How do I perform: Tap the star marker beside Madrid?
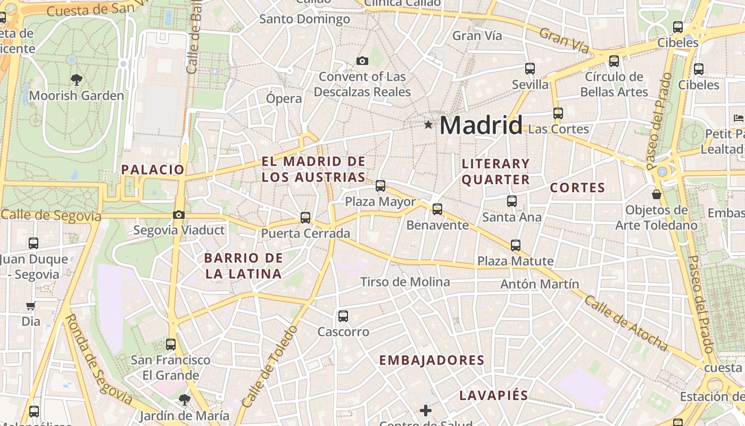pyautogui.click(x=428, y=125)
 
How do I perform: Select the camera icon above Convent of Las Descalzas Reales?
pyautogui.click(x=362, y=61)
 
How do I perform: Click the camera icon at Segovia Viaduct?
pyautogui.click(x=179, y=215)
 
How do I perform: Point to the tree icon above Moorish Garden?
pyautogui.click(x=77, y=80)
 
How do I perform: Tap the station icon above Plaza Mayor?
pyautogui.click(x=380, y=186)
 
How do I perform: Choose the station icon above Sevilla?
pyautogui.click(x=530, y=69)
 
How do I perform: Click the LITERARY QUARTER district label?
pyautogui.click(x=495, y=171)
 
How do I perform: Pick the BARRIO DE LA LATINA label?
pyautogui.click(x=243, y=266)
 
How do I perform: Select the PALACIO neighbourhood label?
pyautogui.click(x=153, y=170)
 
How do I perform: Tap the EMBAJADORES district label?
pyautogui.click(x=432, y=361)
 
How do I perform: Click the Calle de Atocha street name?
pyautogui.click(x=626, y=323)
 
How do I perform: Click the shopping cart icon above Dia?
pyautogui.click(x=31, y=306)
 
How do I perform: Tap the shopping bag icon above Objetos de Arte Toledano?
pyautogui.click(x=657, y=194)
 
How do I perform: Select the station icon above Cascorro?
pyautogui.click(x=343, y=316)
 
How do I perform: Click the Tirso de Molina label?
pyautogui.click(x=405, y=282)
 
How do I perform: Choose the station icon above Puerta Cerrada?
pyautogui.click(x=305, y=218)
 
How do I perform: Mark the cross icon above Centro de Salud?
pyautogui.click(x=425, y=411)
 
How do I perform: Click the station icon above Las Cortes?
pyautogui.click(x=558, y=113)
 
